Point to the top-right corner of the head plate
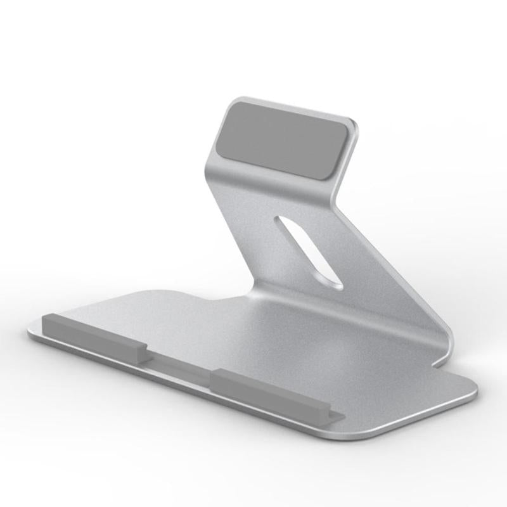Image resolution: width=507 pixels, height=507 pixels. pos(352,122)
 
